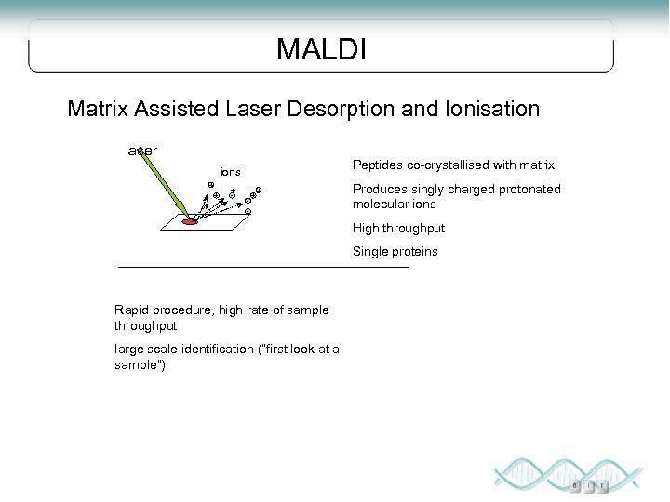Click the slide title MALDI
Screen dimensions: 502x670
[x=321, y=49]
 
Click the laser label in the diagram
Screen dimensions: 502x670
[x=141, y=150]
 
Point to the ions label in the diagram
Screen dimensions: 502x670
[x=230, y=172]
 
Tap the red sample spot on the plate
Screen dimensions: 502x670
[x=189, y=222]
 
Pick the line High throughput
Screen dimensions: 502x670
[x=398, y=228]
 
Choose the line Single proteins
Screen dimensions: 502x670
[x=394, y=252]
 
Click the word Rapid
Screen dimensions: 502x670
[x=130, y=310]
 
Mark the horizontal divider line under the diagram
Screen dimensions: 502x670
[x=263, y=268]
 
